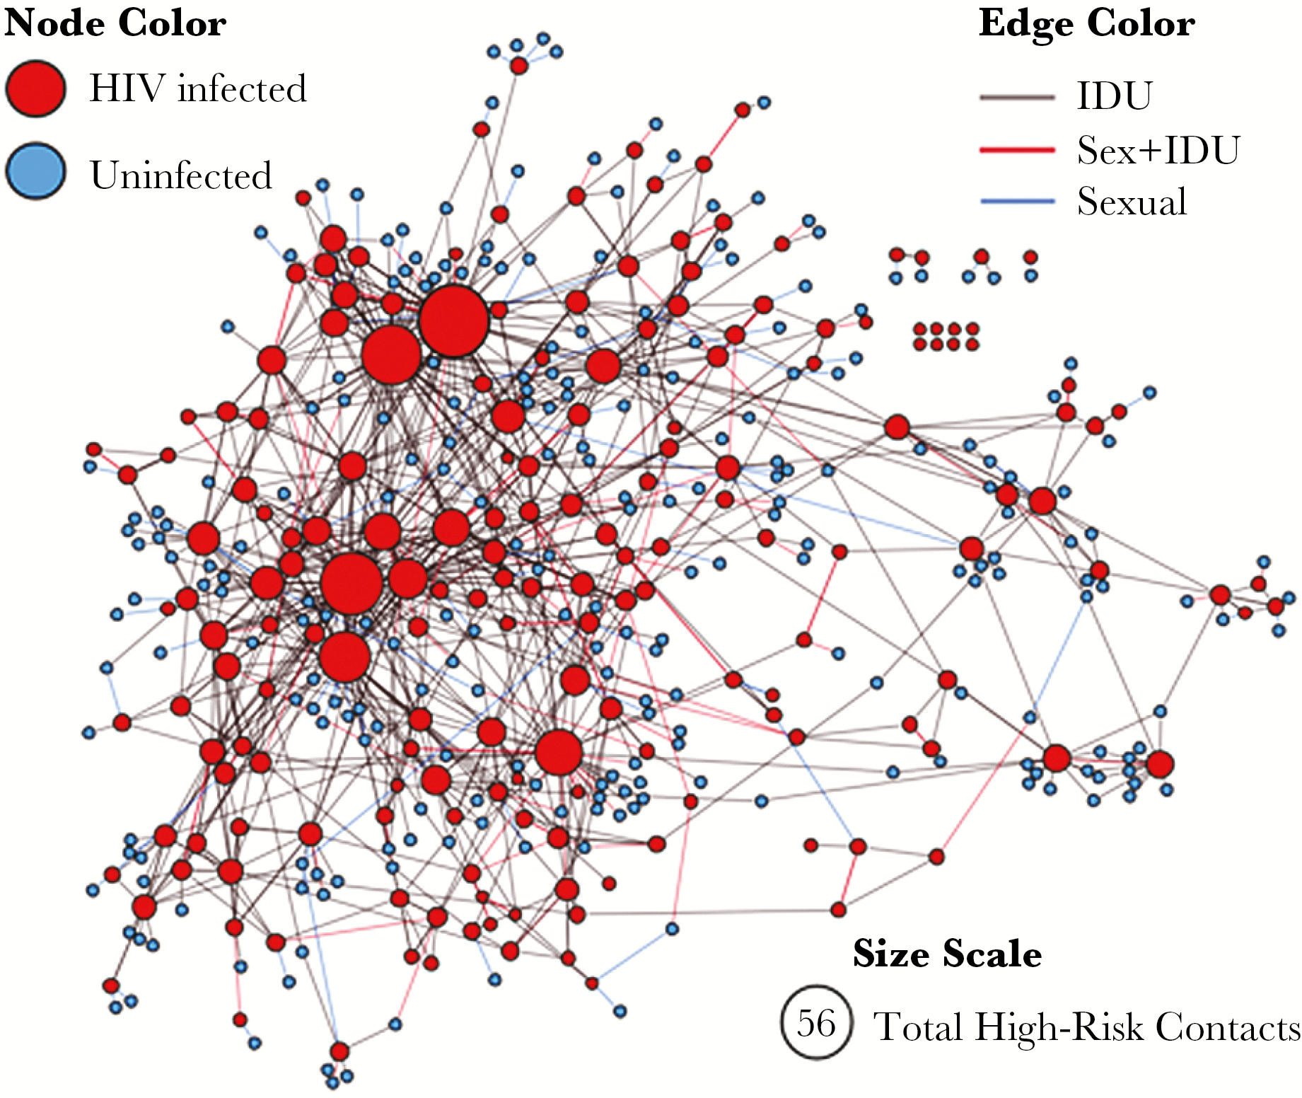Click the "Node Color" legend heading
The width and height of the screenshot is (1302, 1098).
pyautogui.click(x=115, y=23)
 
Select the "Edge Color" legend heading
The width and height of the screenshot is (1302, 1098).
pyautogui.click(x=1086, y=23)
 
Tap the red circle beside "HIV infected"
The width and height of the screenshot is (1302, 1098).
pyautogui.click(x=35, y=88)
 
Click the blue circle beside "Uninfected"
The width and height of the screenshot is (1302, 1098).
pyautogui.click(x=35, y=171)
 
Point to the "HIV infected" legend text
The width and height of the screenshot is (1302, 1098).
pyautogui.click(x=198, y=88)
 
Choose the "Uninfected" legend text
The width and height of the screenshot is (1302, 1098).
pyautogui.click(x=181, y=175)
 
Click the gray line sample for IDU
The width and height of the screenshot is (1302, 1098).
pyautogui.click(x=1017, y=97)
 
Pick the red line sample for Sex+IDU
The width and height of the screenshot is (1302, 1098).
pyautogui.click(x=1017, y=150)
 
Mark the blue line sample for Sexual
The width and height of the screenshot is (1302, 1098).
pyautogui.click(x=1017, y=202)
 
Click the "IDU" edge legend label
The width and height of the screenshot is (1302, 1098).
pyautogui.click(x=1115, y=96)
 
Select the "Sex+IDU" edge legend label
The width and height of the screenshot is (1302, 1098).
pyautogui.click(x=1158, y=150)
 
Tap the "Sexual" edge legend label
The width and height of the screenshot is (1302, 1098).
pyautogui.click(x=1132, y=202)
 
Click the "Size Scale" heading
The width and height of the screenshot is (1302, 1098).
pyautogui.click(x=947, y=954)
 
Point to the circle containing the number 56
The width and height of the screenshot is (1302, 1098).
pyautogui.click(x=816, y=1022)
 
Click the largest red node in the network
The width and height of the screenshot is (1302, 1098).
pyautogui.click(x=453, y=320)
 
